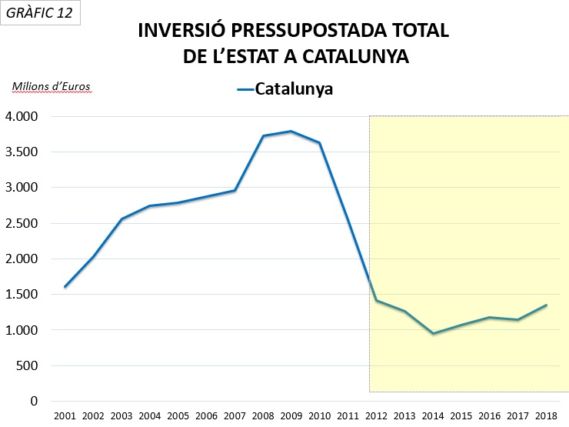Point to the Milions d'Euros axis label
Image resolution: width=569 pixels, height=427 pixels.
point(51,86)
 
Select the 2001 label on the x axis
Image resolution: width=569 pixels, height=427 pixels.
point(65,416)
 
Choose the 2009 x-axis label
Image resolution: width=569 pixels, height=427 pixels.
point(291,416)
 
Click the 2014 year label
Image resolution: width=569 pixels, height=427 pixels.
point(433,416)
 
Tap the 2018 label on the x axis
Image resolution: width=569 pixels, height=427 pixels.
point(546,416)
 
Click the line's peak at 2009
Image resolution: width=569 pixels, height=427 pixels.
point(291,131)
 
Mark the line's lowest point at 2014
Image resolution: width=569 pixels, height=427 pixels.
point(433,333)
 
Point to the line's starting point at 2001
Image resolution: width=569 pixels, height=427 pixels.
point(65,286)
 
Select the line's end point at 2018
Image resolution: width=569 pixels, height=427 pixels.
point(546,305)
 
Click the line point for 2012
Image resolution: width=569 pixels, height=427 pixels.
point(376,300)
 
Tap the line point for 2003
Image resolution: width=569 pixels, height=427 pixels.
point(121,219)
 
